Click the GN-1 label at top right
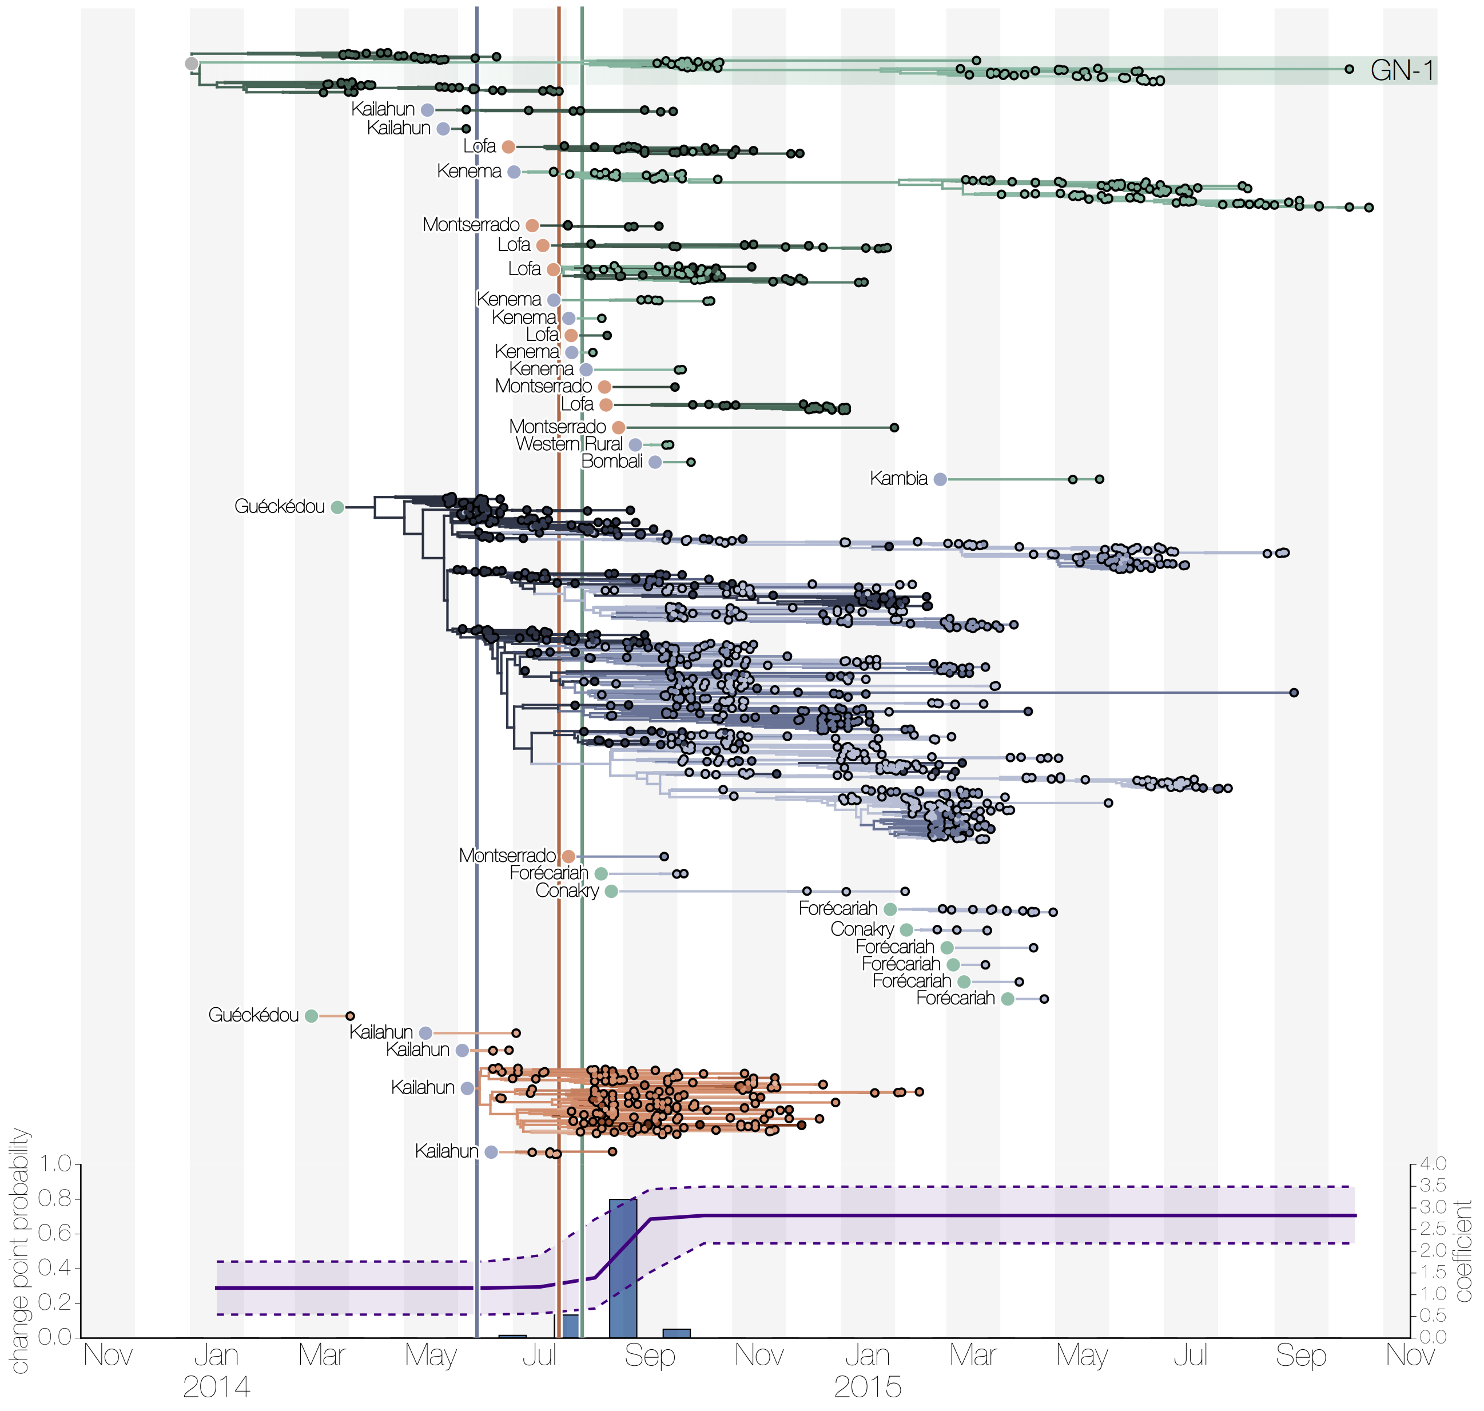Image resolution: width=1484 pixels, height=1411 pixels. click(1401, 71)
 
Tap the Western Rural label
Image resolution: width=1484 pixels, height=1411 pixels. click(568, 444)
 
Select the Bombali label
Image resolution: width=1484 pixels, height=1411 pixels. click(611, 461)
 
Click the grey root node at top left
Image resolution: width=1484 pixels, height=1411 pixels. click(192, 63)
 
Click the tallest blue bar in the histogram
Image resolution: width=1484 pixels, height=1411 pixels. click(622, 1268)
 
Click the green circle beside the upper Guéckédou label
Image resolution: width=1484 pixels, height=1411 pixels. click(338, 507)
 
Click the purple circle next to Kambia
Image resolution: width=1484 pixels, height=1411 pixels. click(940, 479)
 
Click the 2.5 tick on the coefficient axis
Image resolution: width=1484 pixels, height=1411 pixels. click(1434, 1228)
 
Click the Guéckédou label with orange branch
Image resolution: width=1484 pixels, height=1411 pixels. click(253, 1015)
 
